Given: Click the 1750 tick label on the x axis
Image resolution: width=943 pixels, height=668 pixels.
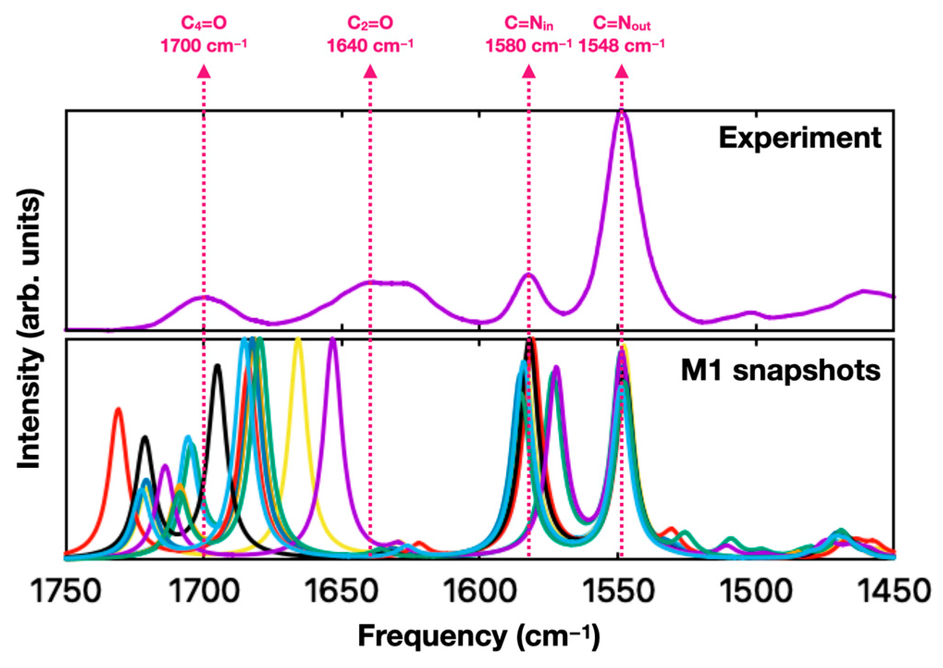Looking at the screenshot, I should [66, 591].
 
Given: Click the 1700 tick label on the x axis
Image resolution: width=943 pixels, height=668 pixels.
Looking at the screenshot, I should [204, 591].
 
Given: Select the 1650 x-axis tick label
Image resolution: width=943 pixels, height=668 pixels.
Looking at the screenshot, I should [342, 591].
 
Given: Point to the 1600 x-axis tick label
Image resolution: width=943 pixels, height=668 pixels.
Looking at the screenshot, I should [480, 591].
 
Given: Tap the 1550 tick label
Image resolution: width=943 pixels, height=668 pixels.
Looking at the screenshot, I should [618, 591].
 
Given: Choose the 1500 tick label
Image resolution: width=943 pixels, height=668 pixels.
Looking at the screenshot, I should [756, 591].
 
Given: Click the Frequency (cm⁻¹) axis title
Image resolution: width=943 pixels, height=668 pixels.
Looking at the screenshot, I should [479, 636].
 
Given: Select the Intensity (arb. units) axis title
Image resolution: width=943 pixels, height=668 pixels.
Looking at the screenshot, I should [30, 329].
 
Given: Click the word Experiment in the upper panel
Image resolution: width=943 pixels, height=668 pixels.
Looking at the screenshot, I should [800, 138].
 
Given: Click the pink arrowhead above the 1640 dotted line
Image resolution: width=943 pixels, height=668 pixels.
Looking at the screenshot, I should [370, 72].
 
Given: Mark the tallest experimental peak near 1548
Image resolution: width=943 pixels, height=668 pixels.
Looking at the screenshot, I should [622, 112].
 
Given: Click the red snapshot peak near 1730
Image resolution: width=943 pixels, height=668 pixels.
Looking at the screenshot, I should [119, 409].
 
